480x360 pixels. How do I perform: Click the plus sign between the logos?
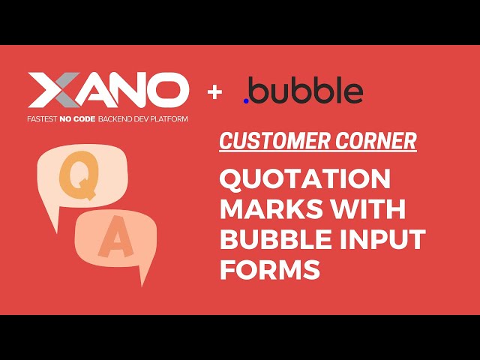point(216,92)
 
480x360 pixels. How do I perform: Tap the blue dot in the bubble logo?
point(247,99)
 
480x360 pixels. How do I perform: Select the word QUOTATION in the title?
point(304,179)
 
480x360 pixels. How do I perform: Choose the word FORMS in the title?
point(269,269)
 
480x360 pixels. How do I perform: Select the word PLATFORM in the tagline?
point(169,118)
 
